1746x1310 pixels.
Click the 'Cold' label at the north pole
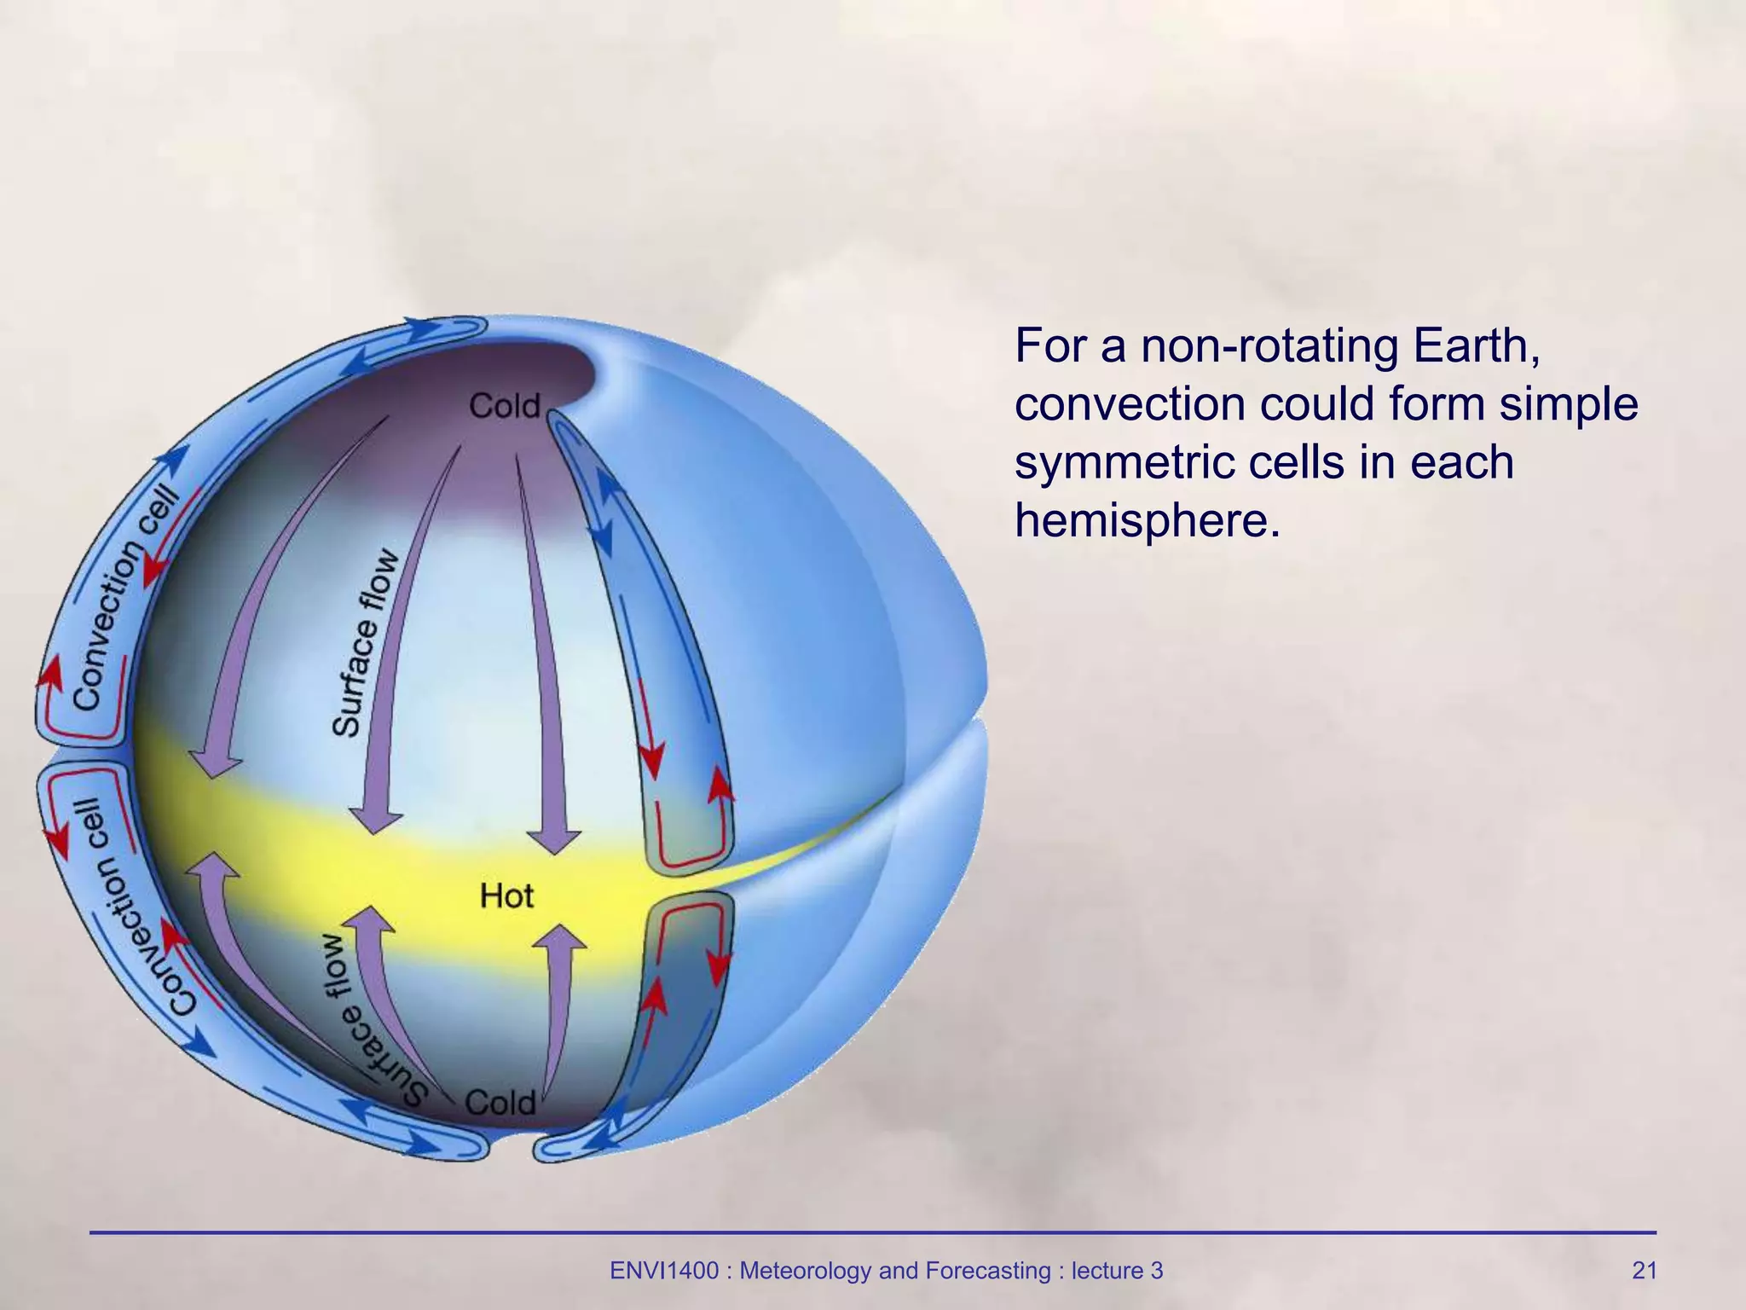[x=505, y=406]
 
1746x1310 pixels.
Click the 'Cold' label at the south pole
[x=500, y=1103]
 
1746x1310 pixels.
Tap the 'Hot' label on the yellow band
[x=506, y=896]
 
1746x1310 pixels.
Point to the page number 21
[x=1644, y=1271]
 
